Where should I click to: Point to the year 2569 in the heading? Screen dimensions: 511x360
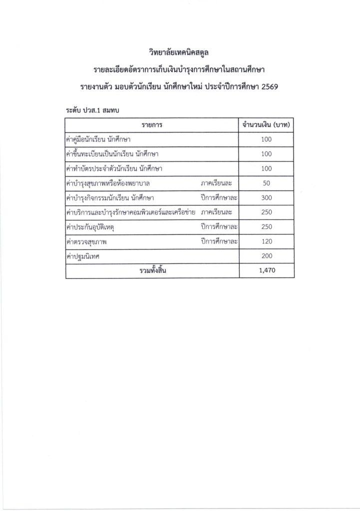pyautogui.click(x=268, y=87)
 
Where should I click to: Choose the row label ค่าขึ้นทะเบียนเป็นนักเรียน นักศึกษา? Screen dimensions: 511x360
pyautogui.click(x=112, y=154)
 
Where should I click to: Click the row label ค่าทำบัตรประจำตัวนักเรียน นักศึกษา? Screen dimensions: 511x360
pyautogui.click(x=114, y=169)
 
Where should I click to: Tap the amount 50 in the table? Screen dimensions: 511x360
pyautogui.click(x=266, y=183)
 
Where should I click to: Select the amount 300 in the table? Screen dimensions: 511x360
pyautogui.click(x=266, y=198)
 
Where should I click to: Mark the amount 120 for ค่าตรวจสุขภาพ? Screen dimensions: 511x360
pyautogui.click(x=266, y=242)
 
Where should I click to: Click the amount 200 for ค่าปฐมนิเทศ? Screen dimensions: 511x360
pyautogui.click(x=266, y=256)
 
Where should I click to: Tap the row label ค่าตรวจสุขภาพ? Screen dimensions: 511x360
pyautogui.click(x=88, y=242)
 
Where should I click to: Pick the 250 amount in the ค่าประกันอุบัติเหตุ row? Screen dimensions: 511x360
pyautogui.click(x=266, y=227)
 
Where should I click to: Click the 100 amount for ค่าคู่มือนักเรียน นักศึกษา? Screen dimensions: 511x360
pyautogui.click(x=266, y=140)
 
